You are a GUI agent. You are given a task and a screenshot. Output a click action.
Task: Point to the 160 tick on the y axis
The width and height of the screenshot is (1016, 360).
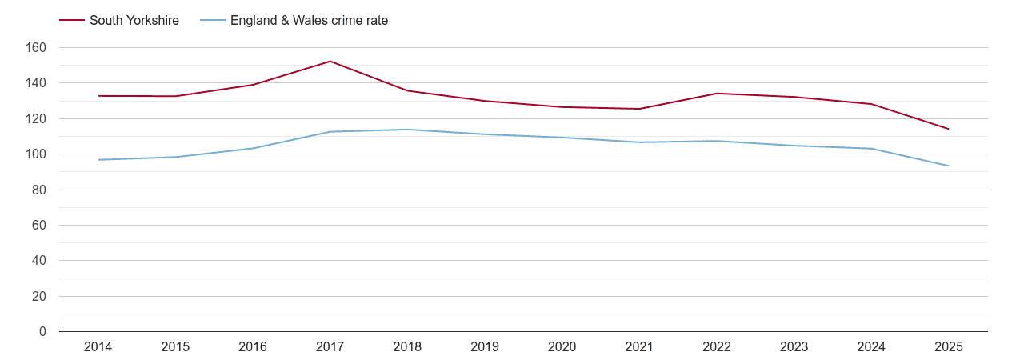pyautogui.click(x=37, y=48)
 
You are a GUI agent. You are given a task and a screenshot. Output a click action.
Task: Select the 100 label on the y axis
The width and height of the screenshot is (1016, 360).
pyautogui.click(x=37, y=154)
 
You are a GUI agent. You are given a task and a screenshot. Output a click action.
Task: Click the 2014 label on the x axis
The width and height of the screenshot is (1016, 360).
pyautogui.click(x=98, y=347)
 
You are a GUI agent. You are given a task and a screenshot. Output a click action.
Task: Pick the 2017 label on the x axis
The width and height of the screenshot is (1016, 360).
pyautogui.click(x=330, y=347)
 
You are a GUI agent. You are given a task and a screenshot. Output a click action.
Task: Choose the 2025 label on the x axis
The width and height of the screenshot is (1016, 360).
pyautogui.click(x=948, y=347)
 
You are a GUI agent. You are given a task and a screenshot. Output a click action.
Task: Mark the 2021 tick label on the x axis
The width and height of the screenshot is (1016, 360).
pyautogui.click(x=639, y=347)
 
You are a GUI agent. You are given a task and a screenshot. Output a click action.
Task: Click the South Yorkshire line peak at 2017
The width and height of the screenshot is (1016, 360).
pyautogui.click(x=330, y=62)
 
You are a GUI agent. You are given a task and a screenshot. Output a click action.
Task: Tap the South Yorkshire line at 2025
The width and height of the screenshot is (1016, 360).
pyautogui.click(x=948, y=129)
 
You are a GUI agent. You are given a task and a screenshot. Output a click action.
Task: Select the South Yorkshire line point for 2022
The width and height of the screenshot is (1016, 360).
pyautogui.click(x=717, y=94)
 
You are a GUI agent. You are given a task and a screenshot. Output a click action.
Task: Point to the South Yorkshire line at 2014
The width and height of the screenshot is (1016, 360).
pyautogui.click(x=98, y=96)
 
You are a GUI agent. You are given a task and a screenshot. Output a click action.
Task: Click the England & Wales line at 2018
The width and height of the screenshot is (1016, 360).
pyautogui.click(x=407, y=130)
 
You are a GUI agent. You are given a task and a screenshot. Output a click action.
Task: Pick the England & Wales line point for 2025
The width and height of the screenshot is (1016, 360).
pyautogui.click(x=948, y=166)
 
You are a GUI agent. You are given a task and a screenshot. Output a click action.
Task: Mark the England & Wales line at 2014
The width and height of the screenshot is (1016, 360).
pyautogui.click(x=98, y=160)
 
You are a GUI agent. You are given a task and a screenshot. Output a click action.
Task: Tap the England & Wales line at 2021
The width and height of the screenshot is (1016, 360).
pyautogui.click(x=639, y=142)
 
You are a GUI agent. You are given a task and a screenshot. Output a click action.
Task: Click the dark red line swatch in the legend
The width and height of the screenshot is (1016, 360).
pyautogui.click(x=72, y=21)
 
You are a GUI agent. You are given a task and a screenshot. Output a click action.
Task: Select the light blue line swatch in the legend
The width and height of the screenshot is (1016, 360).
pyautogui.click(x=213, y=21)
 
